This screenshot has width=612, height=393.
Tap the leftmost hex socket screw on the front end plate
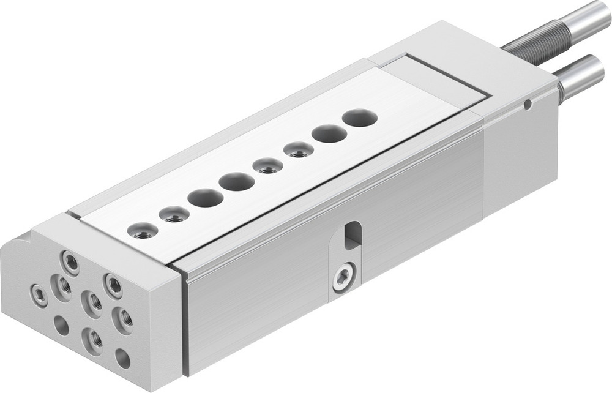pos(40,296)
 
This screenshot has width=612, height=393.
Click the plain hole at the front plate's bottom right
pos(123,358)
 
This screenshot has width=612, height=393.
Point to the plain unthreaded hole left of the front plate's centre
pos(62,325)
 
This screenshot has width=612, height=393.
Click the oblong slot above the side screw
pos(352,236)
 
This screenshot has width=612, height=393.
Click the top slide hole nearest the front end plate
pos(143,231)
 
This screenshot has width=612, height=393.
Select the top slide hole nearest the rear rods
pos(359,118)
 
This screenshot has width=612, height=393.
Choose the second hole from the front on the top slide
pos(174,215)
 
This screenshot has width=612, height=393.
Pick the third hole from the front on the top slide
pos(206,198)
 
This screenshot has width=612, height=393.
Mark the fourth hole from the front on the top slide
pos(237,181)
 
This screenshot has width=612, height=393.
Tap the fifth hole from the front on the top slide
pos(267,165)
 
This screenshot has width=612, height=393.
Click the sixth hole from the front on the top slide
pos(299,149)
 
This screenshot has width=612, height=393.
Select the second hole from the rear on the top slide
pos(329,133)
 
